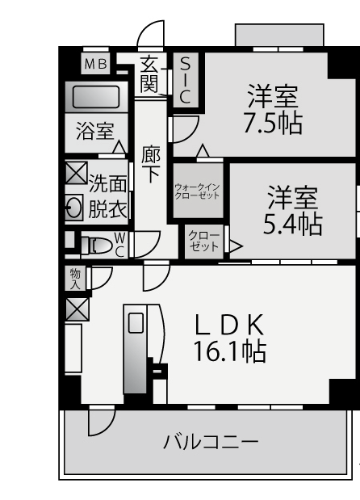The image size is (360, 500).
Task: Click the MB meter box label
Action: point(95,64)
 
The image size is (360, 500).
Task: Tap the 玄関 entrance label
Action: point(149,74)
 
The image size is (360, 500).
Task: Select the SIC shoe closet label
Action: point(185,80)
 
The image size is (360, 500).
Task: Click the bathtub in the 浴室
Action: point(96,97)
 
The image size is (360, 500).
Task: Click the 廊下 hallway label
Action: point(151,165)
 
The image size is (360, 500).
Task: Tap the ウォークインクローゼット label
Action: point(198,191)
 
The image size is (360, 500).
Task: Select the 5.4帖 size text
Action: point(292,225)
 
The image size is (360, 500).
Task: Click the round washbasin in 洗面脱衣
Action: point(74,208)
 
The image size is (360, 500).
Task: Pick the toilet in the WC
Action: point(96,246)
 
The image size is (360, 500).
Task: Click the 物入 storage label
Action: point(75,279)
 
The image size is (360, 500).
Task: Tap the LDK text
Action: point(229,324)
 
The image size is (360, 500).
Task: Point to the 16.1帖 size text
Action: point(230,351)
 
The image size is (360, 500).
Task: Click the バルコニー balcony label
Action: point(211,442)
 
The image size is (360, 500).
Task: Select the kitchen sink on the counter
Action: point(136,323)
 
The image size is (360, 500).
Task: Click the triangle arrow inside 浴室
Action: point(119,147)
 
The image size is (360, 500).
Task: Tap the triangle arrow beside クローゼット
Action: point(236,246)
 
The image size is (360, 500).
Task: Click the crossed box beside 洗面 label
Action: point(76,173)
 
